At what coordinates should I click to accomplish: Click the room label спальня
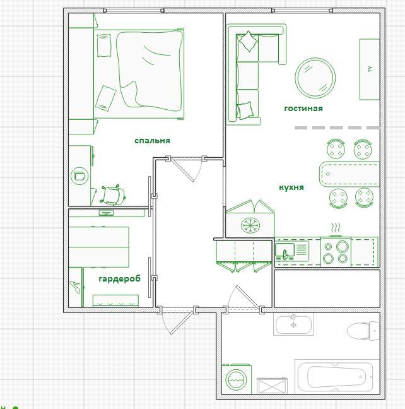152,141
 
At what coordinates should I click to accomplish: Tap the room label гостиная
303,109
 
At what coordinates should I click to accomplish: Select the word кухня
291,187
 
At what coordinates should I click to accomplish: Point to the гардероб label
120,279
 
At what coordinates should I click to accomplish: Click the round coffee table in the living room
315,78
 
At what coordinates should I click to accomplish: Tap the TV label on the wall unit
370,69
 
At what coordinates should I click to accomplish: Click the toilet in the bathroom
363,331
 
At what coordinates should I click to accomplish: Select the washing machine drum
236,379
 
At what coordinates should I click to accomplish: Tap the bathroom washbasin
293,324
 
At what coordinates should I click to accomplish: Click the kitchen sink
285,251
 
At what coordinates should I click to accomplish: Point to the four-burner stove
336,252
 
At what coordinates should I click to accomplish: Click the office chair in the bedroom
113,195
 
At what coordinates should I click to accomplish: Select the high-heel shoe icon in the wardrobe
75,287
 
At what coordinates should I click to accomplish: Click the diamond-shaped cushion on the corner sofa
249,41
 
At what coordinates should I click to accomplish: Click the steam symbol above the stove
336,228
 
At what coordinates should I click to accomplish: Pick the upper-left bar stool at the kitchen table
336,149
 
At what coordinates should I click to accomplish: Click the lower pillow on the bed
106,98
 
